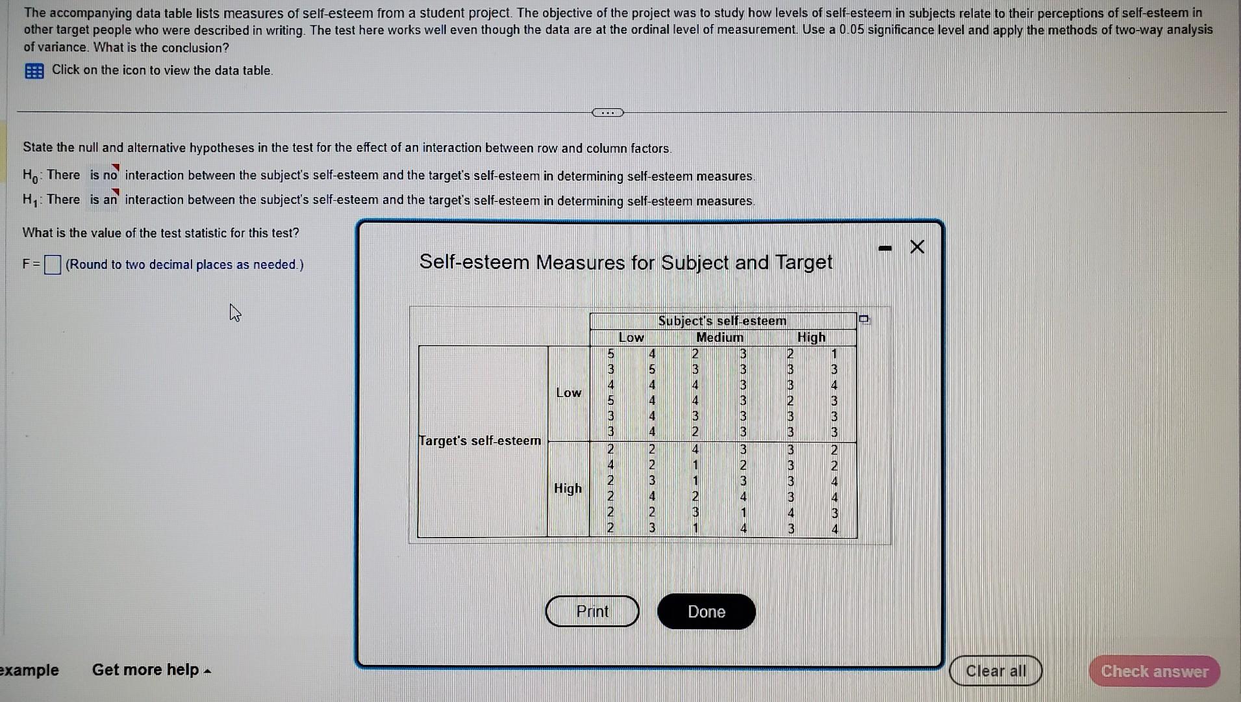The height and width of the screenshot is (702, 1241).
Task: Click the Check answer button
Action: tap(1154, 671)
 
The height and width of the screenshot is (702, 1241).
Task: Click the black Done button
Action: tap(706, 612)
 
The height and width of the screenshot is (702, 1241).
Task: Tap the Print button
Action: tap(592, 612)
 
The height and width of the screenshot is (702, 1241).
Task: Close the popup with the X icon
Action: tap(917, 247)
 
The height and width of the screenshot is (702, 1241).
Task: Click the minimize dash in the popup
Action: tap(884, 248)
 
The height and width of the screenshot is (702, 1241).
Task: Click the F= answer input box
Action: tap(53, 265)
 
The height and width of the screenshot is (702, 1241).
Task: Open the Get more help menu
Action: tap(151, 669)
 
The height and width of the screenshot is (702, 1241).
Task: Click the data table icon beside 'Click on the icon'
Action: tap(34, 71)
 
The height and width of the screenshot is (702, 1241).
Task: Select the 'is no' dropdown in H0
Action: tap(104, 175)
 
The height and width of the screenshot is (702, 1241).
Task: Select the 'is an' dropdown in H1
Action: tap(104, 200)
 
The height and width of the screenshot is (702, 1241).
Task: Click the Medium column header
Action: tap(720, 337)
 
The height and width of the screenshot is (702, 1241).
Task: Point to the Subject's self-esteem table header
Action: tap(722, 320)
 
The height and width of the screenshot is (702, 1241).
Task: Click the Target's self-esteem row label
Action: tap(480, 441)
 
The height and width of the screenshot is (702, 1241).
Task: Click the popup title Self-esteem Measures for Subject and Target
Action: tap(625, 262)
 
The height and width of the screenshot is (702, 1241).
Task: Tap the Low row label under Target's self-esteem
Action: tap(568, 393)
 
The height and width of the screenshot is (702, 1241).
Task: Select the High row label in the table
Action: tap(568, 488)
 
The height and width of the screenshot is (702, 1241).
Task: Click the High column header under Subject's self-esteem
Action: tap(811, 337)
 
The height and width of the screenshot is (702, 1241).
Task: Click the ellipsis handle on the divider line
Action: tap(607, 112)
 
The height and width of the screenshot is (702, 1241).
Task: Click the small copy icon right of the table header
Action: tap(864, 319)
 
